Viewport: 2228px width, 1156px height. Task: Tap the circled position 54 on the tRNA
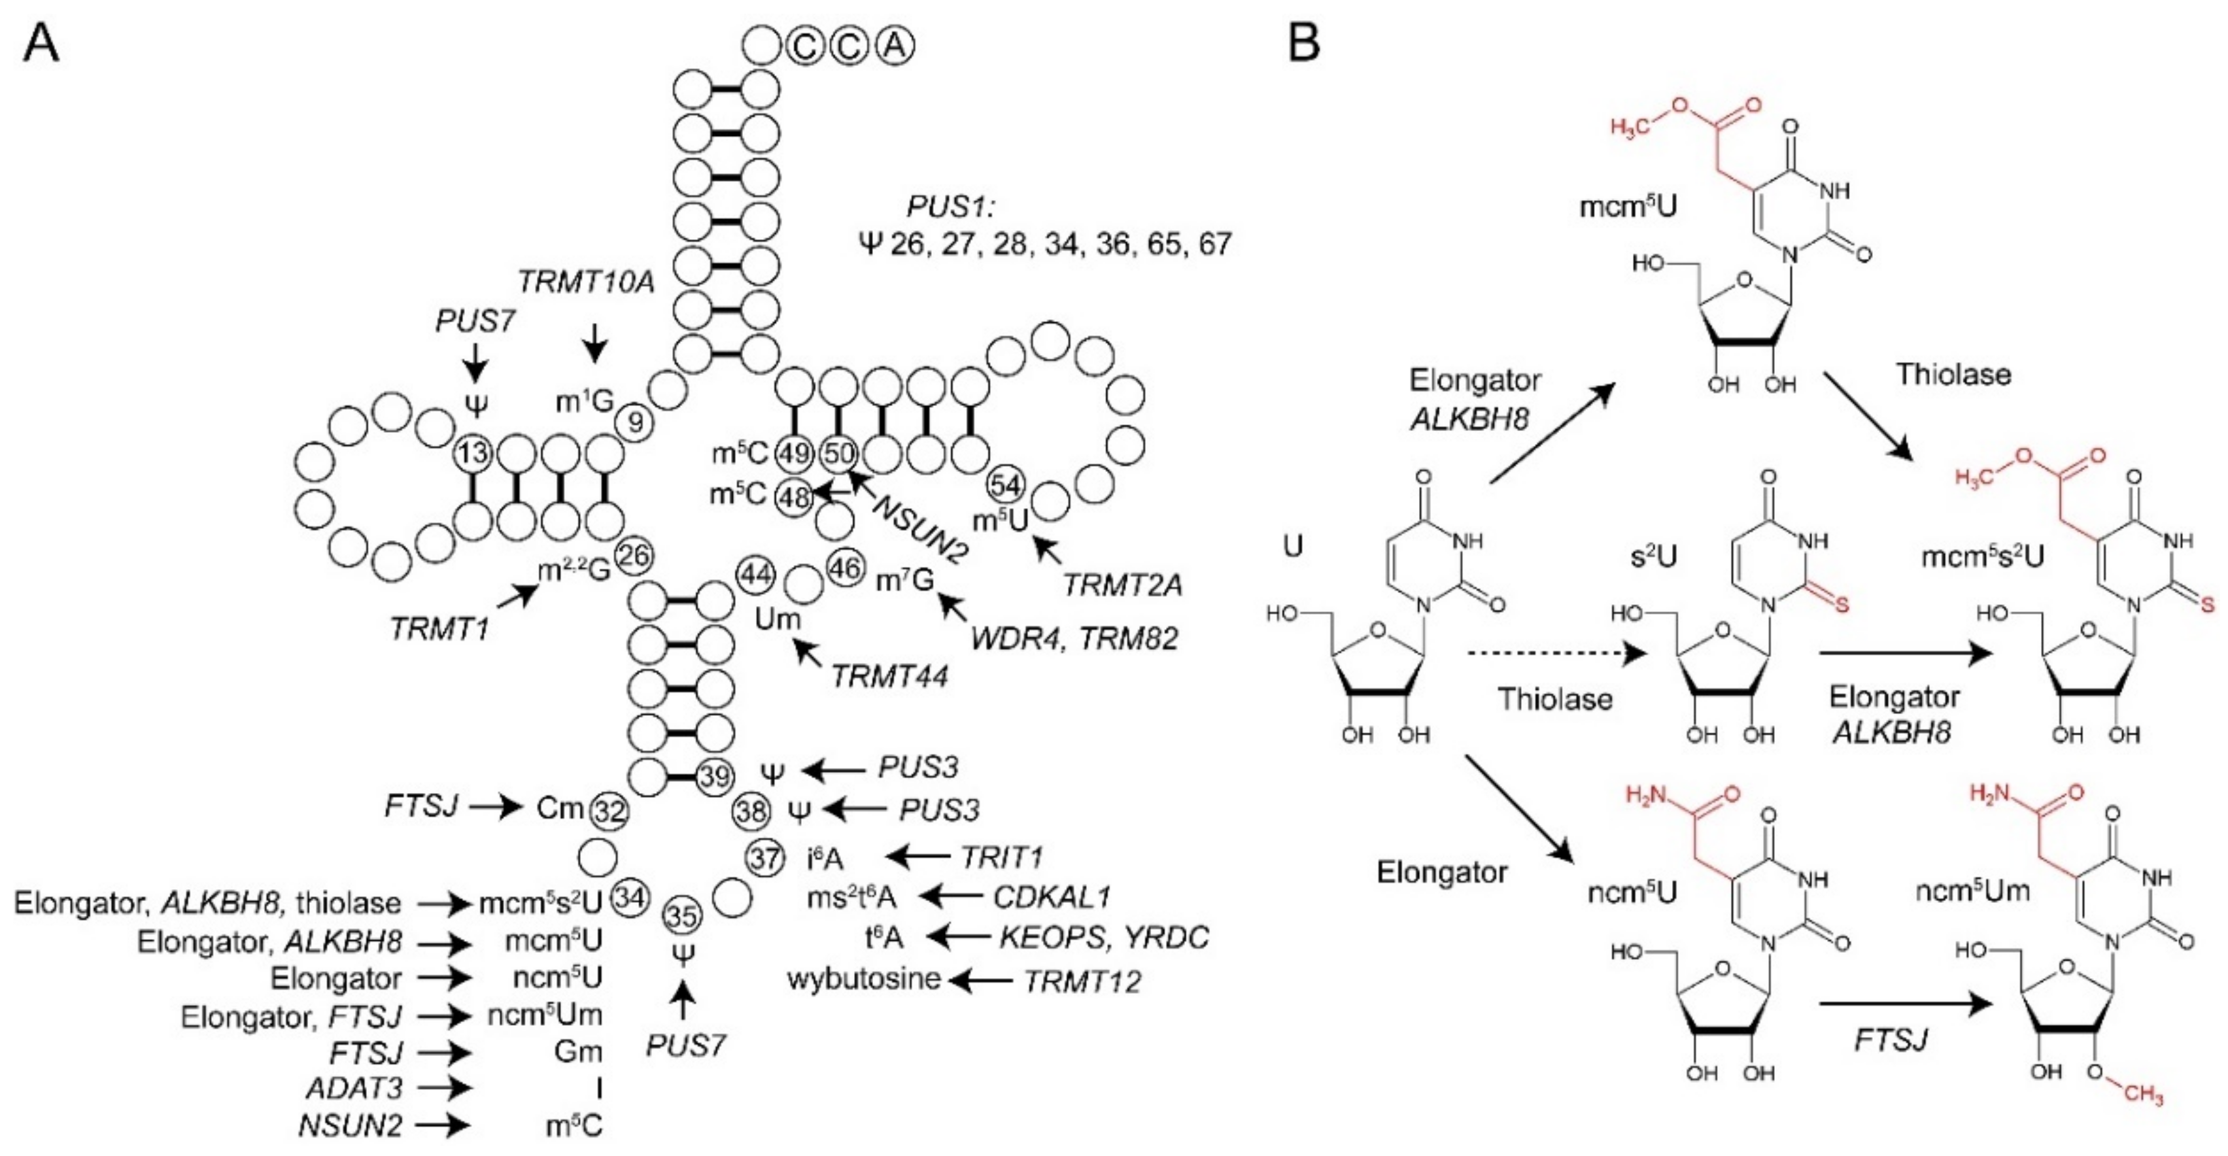(1005, 485)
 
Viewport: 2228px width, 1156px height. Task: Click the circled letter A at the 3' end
(895, 46)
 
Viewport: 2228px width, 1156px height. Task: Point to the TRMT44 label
(889, 676)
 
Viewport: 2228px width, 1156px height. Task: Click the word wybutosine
(863, 979)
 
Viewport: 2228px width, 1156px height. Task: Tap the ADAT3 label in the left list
(354, 1088)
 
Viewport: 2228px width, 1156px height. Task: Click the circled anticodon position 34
(630, 898)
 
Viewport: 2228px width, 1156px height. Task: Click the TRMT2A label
(1122, 585)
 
